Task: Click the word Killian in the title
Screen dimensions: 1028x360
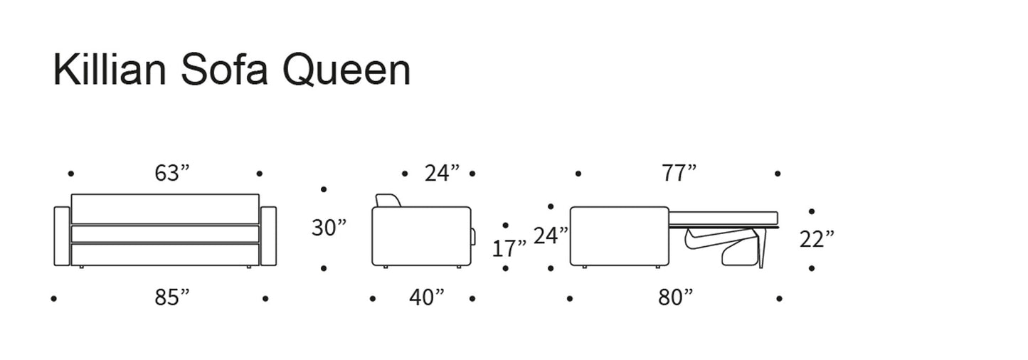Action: coord(110,70)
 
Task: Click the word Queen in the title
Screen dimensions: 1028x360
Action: coord(346,70)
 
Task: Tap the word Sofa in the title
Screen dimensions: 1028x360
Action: coord(224,70)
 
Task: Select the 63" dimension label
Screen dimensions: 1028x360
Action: coord(172,173)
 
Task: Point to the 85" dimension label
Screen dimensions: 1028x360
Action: coord(172,297)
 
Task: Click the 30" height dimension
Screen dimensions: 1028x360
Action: coord(329,227)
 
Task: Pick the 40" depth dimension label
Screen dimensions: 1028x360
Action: coord(427,297)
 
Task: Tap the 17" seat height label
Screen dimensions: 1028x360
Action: coord(509,248)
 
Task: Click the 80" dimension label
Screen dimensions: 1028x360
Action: coord(676,297)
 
